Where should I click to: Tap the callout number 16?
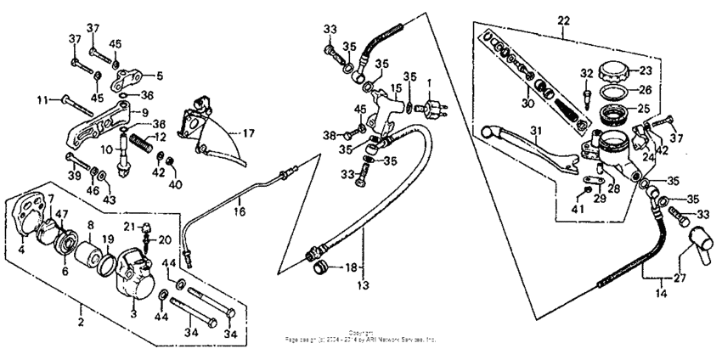[x=240, y=211]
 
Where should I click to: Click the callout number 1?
[x=430, y=83]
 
